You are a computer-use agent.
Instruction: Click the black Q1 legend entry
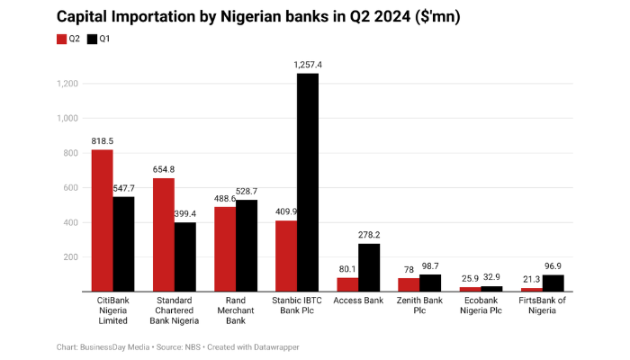click(x=99, y=39)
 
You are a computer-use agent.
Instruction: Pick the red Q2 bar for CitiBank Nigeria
click(x=102, y=220)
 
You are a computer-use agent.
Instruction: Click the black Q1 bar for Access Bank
click(x=368, y=267)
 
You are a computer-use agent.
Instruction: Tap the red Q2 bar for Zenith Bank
click(x=409, y=284)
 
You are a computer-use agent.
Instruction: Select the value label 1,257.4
click(x=307, y=66)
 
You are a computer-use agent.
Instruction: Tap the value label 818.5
click(x=102, y=142)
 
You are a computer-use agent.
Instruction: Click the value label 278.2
click(x=369, y=236)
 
